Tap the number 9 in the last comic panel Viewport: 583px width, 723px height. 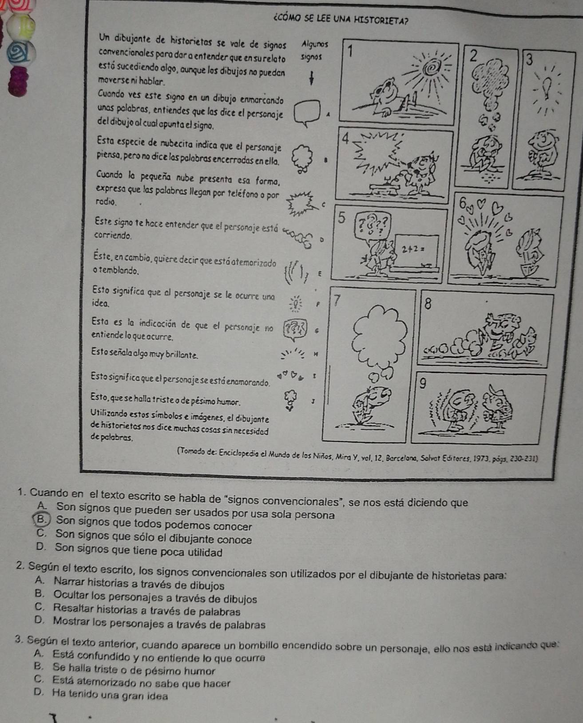click(423, 383)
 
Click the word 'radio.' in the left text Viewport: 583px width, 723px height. click(106, 202)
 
